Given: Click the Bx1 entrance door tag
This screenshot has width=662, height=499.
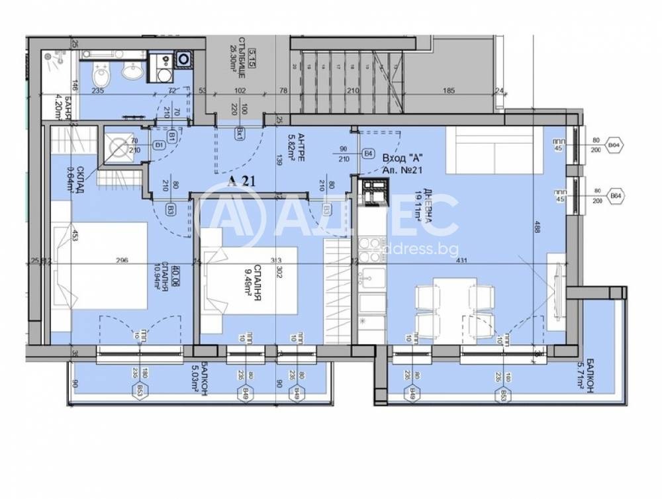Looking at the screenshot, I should coord(239,132).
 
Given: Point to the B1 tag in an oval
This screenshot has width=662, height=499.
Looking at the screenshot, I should coord(159,145).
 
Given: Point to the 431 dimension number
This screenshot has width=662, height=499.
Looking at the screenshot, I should coord(461,260).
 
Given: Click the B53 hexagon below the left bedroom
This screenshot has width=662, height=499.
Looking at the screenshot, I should coord(140,390).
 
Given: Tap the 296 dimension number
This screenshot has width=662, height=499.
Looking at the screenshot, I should coord(121,260).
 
